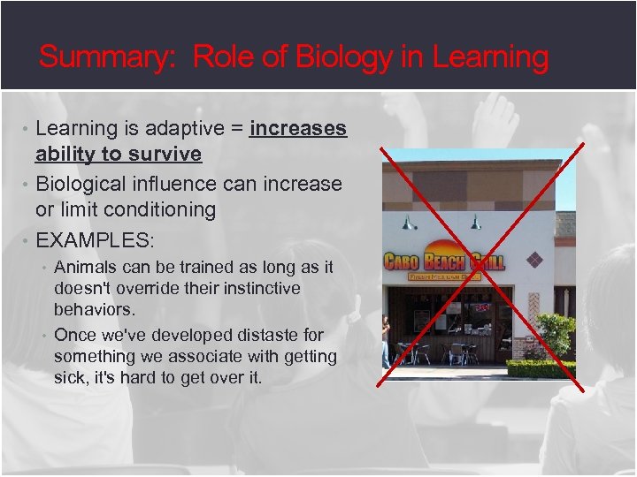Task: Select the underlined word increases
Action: (x=298, y=129)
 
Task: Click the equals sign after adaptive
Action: (x=236, y=129)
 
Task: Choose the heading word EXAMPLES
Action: (x=95, y=240)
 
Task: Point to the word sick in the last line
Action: (x=70, y=379)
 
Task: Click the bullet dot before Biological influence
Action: (x=27, y=184)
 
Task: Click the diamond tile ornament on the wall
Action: (x=533, y=259)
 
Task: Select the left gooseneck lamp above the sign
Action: (x=408, y=222)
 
